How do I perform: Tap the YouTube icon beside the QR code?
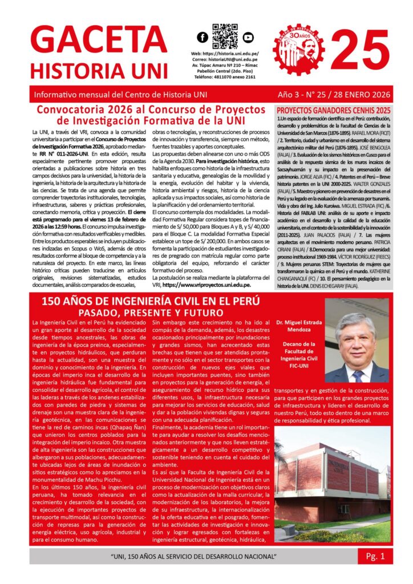[x=247, y=38]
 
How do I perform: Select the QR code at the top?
[x=225, y=36]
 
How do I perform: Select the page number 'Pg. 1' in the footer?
[x=375, y=555]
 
